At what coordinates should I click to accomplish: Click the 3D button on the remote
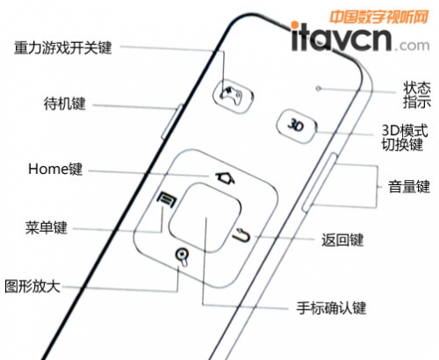[297, 126]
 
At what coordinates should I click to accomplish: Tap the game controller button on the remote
[233, 95]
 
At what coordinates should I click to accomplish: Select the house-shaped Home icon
[225, 178]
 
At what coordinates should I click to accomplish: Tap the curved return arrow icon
[242, 235]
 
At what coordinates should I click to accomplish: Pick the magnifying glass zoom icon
[183, 257]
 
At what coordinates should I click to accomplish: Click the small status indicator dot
[319, 88]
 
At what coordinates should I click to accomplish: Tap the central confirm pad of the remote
[205, 217]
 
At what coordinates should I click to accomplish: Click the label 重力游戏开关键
[63, 47]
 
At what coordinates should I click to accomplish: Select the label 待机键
[65, 104]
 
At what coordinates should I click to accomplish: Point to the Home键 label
[55, 169]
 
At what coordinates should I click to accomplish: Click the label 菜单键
[47, 227]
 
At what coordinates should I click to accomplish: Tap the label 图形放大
[32, 286]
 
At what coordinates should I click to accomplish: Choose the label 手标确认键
[331, 308]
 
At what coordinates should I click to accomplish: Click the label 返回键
[342, 240]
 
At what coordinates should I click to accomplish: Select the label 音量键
[409, 186]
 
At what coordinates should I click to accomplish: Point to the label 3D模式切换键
[405, 138]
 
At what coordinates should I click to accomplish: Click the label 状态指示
[417, 95]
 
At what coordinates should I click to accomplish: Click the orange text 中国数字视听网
[379, 17]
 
